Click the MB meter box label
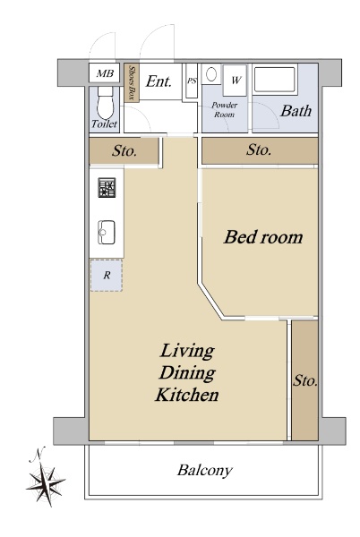click(x=105, y=73)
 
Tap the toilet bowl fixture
click(x=105, y=103)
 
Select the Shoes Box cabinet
click(x=132, y=83)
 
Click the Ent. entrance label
click(x=159, y=81)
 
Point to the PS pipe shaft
click(x=192, y=81)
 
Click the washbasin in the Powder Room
click(x=211, y=74)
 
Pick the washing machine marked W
click(x=235, y=81)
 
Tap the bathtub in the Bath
click(x=275, y=80)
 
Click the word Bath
click(x=296, y=111)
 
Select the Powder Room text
click(x=225, y=109)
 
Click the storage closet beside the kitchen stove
click(x=124, y=150)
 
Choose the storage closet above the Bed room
click(x=260, y=150)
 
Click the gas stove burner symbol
click(x=107, y=188)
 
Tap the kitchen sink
click(x=107, y=232)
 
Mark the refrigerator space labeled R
click(x=107, y=276)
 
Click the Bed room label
click(x=263, y=237)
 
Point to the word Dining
click(x=187, y=373)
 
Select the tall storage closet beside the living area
click(x=304, y=380)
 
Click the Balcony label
click(x=205, y=470)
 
